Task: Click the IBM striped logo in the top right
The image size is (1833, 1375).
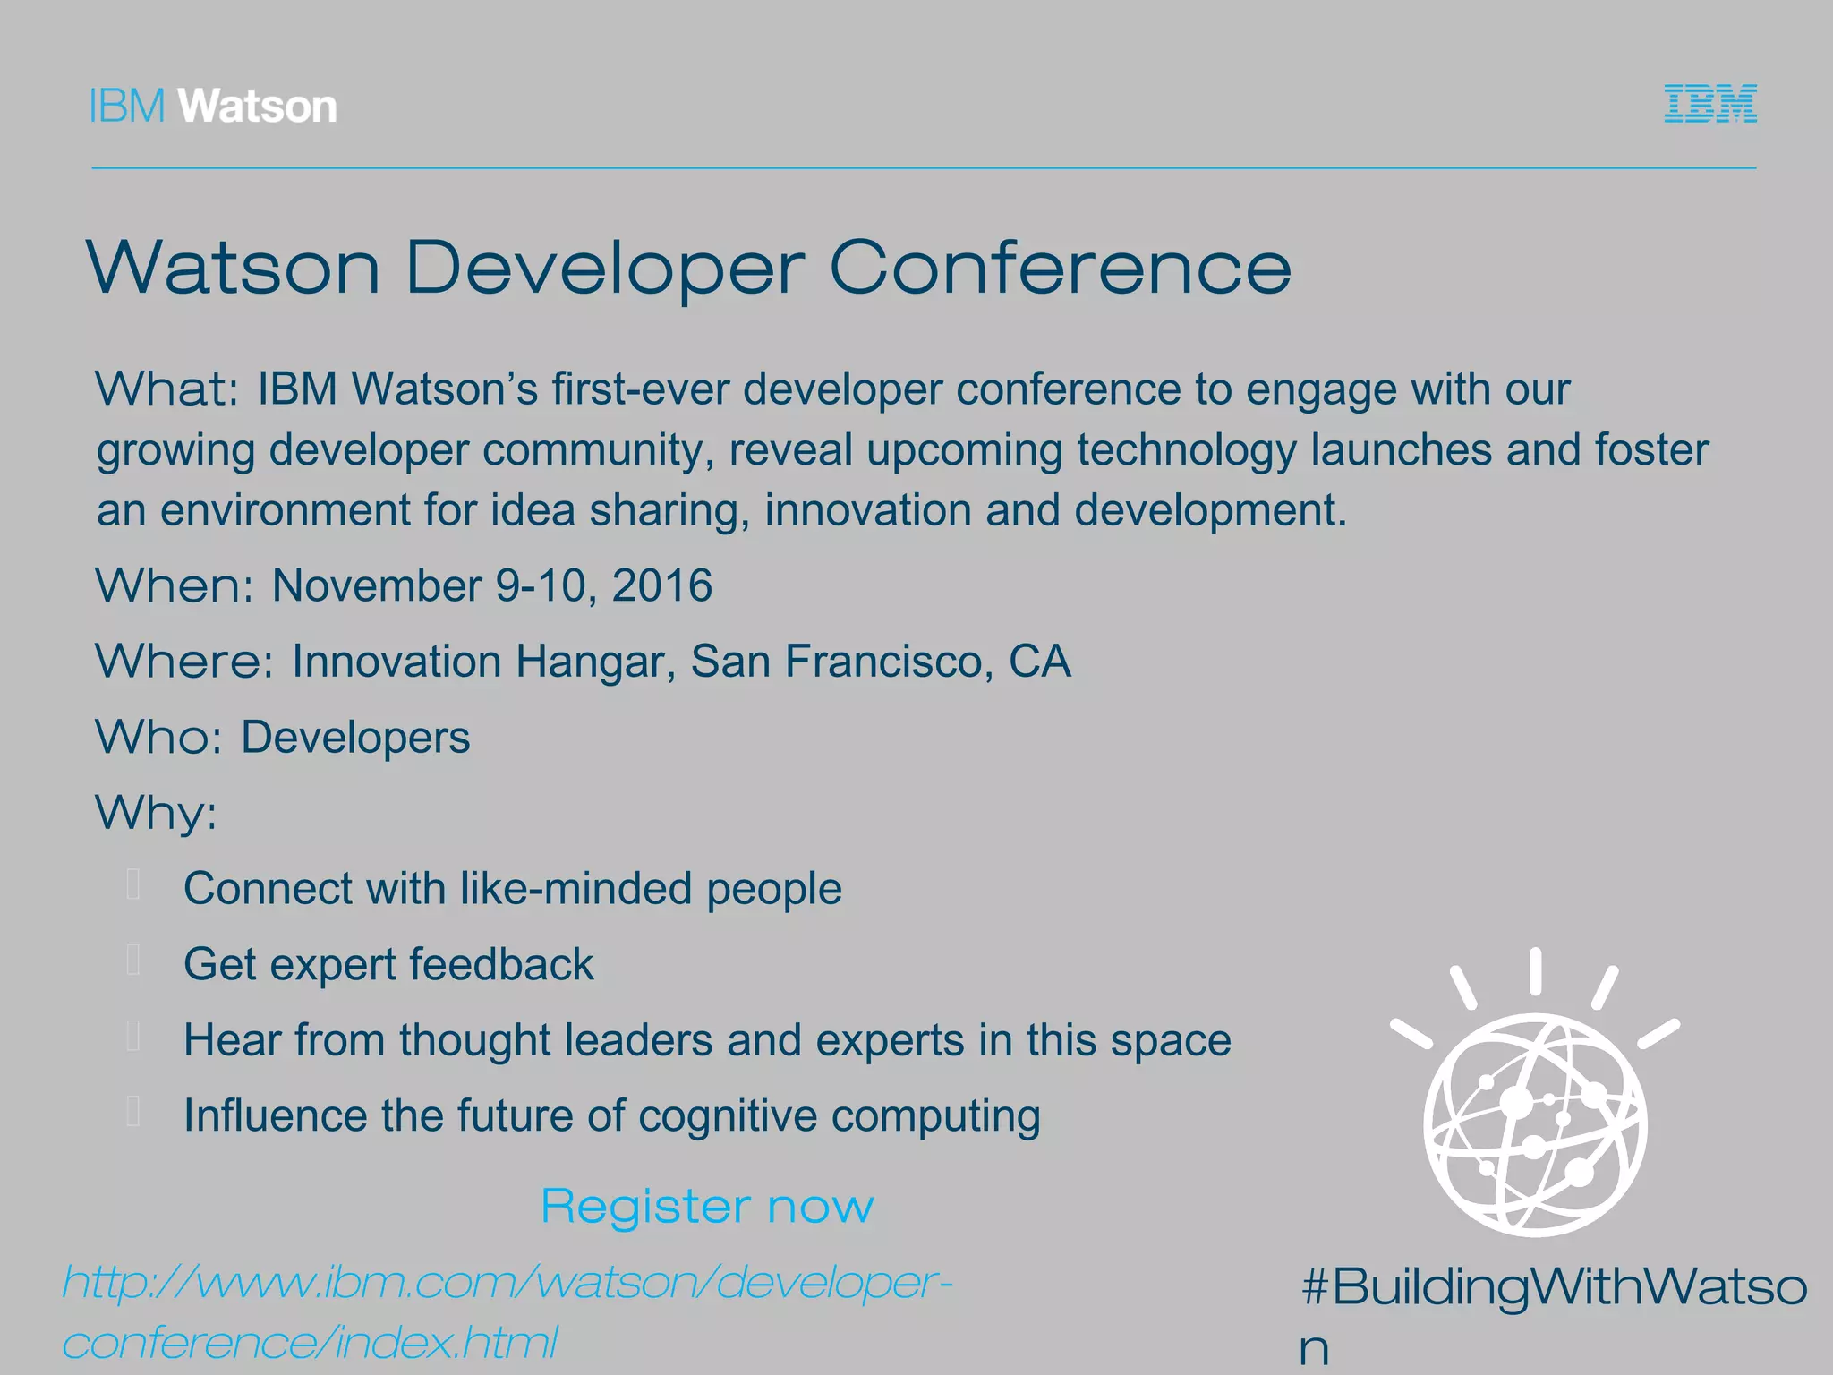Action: pos(1709,104)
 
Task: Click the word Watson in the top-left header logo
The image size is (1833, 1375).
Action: pos(258,107)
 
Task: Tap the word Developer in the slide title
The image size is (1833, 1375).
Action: pos(605,269)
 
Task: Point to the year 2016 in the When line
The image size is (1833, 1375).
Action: pos(661,586)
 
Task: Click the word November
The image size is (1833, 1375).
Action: pos(377,586)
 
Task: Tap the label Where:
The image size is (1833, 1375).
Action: pos(184,662)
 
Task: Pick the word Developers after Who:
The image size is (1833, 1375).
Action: pos(355,739)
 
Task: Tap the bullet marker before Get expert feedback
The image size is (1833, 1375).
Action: pos(134,961)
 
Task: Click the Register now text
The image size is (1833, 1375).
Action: pos(707,1207)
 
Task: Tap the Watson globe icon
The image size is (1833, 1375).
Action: pos(1536,1123)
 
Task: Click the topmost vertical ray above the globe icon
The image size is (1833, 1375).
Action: pos(1536,970)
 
